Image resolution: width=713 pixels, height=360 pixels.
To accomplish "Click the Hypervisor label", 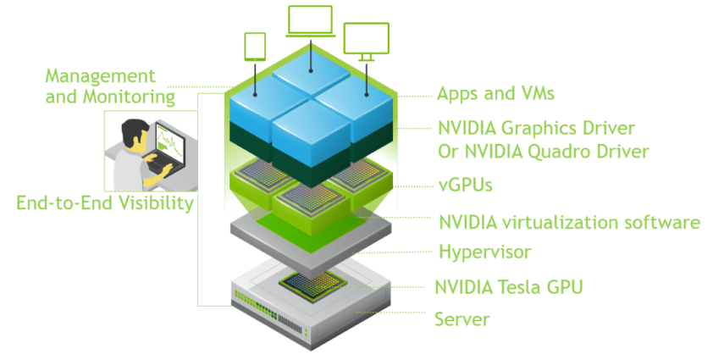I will point(484,252).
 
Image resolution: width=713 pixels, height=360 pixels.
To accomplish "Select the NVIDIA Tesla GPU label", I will point(508,286).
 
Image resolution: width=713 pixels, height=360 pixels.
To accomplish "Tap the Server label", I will point(462,319).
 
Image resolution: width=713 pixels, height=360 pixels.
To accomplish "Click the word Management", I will point(101,76).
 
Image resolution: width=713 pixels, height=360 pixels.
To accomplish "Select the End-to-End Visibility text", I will point(105,203).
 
